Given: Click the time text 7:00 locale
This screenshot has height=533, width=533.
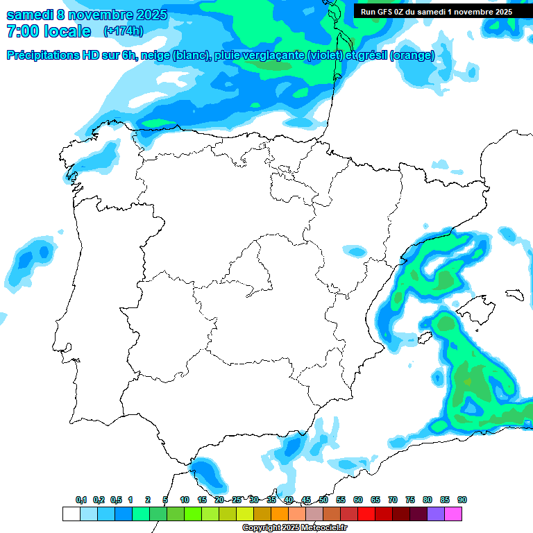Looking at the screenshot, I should (x=49, y=31).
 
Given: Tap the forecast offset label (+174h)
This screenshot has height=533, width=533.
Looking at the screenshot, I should (x=123, y=31).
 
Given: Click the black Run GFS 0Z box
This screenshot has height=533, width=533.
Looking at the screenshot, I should (x=436, y=11).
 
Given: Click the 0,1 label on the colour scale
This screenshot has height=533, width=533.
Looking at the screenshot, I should (x=81, y=500).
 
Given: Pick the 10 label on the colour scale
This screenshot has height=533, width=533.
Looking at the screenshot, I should (x=185, y=500).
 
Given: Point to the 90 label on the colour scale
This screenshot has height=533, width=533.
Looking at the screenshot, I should (x=462, y=500).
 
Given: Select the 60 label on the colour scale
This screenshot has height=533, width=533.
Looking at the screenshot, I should (x=358, y=500).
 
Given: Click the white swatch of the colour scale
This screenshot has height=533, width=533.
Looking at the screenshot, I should (x=71, y=514).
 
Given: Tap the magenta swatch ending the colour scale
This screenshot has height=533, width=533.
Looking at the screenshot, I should (x=453, y=514).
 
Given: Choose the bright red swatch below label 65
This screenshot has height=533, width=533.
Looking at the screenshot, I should (x=366, y=514).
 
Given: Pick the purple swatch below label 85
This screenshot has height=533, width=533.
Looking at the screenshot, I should (x=436, y=514).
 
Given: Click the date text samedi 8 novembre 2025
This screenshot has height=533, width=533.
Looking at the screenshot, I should (x=87, y=15).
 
